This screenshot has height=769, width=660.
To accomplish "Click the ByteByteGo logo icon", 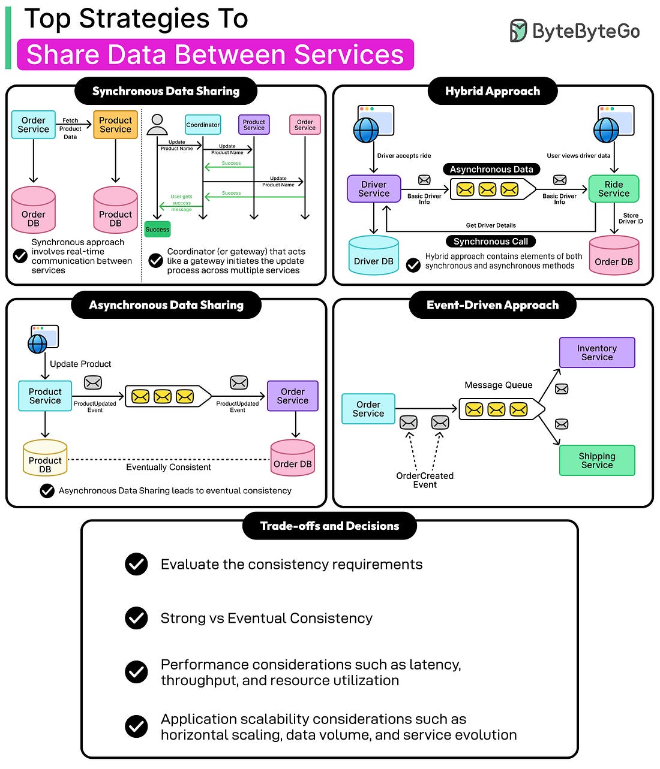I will click(x=518, y=31).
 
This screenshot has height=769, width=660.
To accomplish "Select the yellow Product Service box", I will click(x=115, y=125).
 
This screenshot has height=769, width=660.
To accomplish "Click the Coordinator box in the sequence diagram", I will click(x=203, y=125).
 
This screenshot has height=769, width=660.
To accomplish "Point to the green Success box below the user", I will click(x=157, y=229).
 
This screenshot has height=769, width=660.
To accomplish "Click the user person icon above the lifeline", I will click(x=157, y=124).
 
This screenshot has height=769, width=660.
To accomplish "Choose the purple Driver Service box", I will click(x=374, y=189).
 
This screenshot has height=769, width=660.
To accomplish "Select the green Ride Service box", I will click(x=613, y=189).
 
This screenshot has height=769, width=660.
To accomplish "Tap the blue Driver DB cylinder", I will click(x=374, y=256).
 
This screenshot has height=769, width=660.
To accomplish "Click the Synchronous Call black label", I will click(x=491, y=242).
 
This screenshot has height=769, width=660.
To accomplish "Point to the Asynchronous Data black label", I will click(x=491, y=170).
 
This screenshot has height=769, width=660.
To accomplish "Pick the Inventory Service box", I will click(x=597, y=352).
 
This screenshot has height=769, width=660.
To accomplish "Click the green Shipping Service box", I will click(x=597, y=460).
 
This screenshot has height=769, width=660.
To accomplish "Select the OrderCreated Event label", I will click(x=425, y=480).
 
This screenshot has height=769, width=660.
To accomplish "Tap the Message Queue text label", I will click(x=499, y=385).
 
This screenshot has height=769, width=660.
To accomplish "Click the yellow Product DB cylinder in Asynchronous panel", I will click(x=45, y=459).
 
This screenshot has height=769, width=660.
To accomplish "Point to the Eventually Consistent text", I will click(x=169, y=468).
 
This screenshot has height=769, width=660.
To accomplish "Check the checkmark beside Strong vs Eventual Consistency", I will click(x=137, y=618).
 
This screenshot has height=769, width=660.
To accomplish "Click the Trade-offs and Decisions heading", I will click(x=329, y=526).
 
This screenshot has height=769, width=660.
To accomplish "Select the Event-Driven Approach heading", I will click(x=493, y=305).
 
